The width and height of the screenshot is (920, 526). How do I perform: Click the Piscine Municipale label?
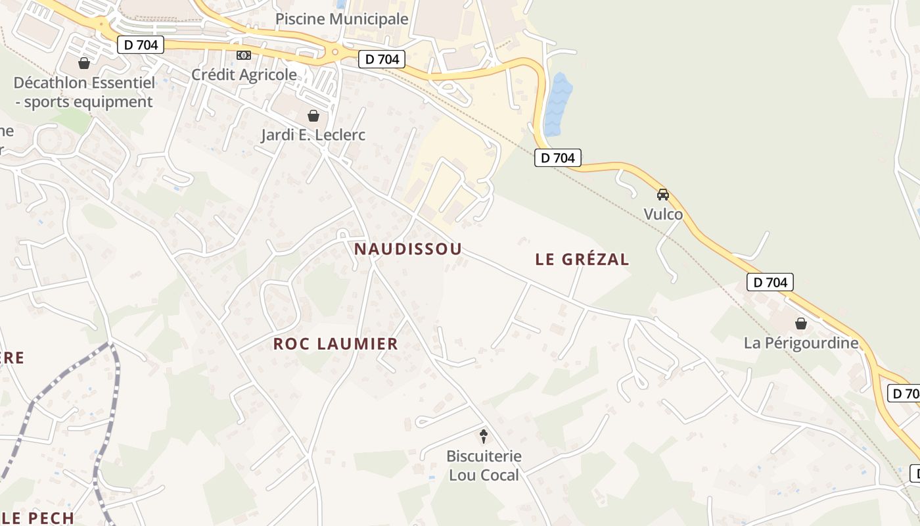pos(342,19)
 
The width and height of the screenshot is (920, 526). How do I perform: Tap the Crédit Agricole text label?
pos(244,74)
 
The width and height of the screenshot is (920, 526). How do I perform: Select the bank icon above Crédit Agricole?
pos(244,55)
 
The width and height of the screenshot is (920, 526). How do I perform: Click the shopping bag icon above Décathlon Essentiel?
pos(84,63)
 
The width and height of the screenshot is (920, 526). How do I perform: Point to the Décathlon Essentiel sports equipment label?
pos(84,92)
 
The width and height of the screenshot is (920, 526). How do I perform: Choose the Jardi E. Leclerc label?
pos(313,135)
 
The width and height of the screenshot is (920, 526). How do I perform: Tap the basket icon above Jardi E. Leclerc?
pos(313,116)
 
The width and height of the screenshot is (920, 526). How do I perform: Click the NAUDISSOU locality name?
pos(408,249)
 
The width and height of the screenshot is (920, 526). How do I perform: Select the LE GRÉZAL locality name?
pos(582,259)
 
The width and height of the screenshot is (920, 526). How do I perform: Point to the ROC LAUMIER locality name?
pos(336,343)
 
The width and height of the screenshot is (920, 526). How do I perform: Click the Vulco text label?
pos(663,214)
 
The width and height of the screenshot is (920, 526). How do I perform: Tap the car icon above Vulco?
pos(663,195)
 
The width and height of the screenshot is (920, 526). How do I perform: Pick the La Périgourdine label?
pos(801,343)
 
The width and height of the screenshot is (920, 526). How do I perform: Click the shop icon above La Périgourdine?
pos(801,323)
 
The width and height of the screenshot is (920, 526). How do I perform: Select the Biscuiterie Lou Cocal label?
pos(484,466)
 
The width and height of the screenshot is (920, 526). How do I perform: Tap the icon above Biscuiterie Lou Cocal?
pos(484,435)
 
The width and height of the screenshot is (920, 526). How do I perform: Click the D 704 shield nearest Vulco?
pos(558,158)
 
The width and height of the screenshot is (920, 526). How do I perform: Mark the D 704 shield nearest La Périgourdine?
pos(770,283)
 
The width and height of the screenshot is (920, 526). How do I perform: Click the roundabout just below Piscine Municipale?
pos(335,51)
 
